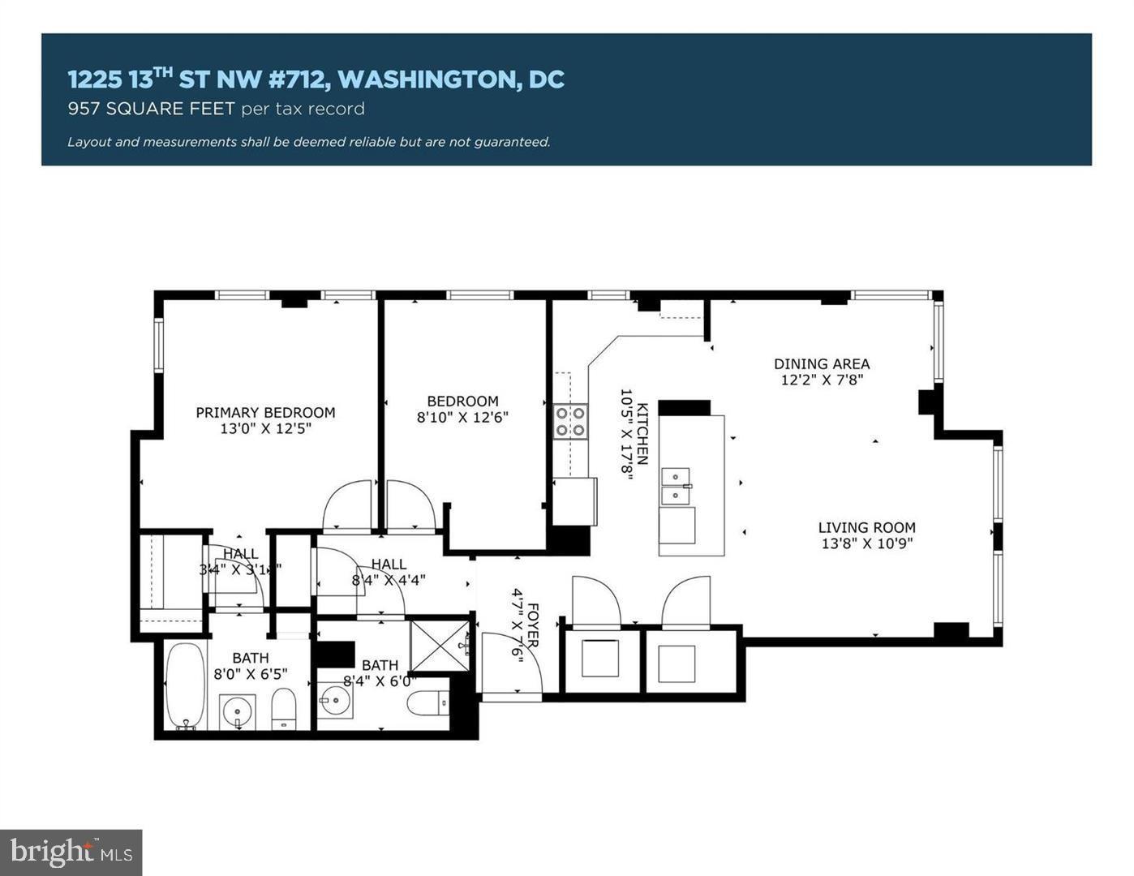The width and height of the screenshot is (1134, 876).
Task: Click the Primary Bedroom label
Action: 265,412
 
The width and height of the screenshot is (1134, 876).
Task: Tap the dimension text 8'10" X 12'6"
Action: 462,418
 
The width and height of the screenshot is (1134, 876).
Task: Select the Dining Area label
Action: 821,364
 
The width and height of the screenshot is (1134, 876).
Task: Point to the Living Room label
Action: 866,527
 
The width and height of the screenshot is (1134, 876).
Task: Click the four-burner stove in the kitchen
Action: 570,422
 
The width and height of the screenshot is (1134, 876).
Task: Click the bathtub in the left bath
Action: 186,686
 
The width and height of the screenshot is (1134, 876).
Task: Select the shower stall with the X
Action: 439,646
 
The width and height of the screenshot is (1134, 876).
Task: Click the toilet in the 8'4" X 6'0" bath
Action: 427,703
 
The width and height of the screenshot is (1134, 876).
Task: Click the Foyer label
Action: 533,625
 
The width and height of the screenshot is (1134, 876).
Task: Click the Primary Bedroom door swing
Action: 347,508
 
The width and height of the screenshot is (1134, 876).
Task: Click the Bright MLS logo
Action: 71,852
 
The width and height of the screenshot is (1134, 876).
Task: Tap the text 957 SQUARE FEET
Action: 152,109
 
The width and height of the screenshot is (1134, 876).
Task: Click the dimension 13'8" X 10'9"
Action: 866,543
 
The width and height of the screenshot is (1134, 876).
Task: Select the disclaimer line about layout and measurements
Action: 308,142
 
